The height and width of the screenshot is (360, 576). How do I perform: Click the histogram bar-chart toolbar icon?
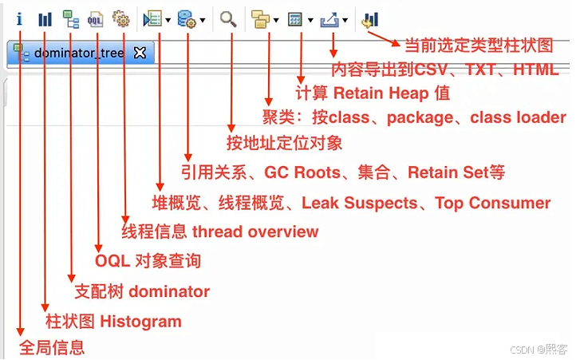[x=45, y=18]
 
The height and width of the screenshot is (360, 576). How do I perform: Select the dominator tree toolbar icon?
[x=70, y=18]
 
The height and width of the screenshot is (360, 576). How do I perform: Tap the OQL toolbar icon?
[x=96, y=18]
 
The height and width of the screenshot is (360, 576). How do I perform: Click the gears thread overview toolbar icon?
[x=121, y=18]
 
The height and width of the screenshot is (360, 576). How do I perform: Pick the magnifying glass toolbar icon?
[x=228, y=18]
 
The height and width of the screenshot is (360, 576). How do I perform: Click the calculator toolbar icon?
[x=295, y=18]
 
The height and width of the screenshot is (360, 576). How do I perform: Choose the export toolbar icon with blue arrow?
[x=329, y=18]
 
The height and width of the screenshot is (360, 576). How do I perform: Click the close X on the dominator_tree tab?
[x=140, y=53]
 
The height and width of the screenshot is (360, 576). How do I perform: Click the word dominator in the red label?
[x=168, y=291]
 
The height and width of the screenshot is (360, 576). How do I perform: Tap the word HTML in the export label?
[x=535, y=69]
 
